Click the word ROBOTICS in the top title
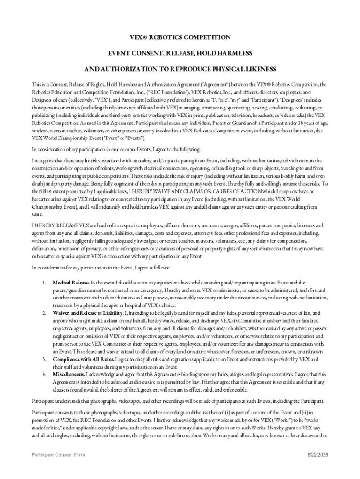click(x=164, y=37)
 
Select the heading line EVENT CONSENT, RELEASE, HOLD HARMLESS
click(x=180, y=53)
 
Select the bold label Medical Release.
click(x=71, y=283)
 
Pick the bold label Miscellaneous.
click(x=69, y=374)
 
